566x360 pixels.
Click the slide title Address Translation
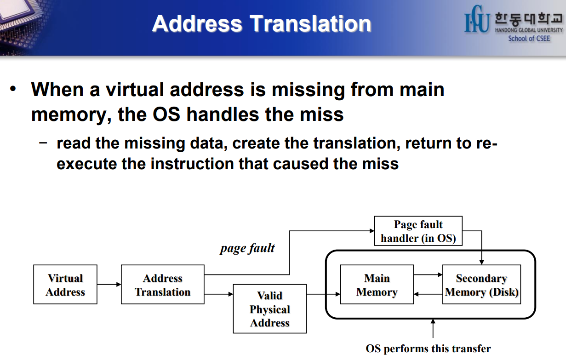[262, 23]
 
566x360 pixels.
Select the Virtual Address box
[65, 285]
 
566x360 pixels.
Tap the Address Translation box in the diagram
[162, 285]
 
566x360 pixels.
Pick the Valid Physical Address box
[269, 309]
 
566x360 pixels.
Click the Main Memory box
[377, 285]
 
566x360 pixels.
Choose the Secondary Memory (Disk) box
[481, 285]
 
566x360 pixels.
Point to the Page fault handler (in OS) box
[418, 231]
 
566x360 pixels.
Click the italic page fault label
[247, 249]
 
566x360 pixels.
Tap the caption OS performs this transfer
[428, 349]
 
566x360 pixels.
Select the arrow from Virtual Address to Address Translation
[109, 285]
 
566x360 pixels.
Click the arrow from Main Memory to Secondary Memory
[428, 275]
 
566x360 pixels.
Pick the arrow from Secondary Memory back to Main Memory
[428, 294]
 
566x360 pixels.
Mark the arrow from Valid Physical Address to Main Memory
[323, 294]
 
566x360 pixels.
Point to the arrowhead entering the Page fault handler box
[372, 230]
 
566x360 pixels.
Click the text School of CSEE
[529, 39]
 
